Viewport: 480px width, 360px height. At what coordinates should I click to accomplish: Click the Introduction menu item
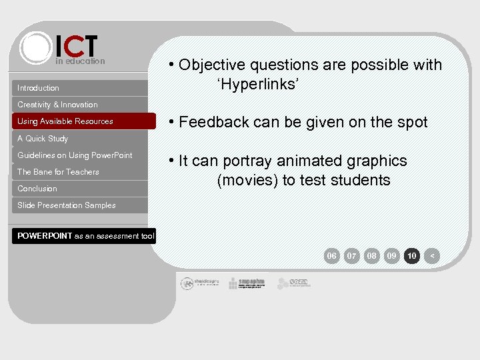coord(39,88)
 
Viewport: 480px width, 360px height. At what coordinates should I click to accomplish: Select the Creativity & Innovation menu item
coord(57,105)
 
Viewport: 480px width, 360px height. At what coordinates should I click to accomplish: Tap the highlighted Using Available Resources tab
coord(65,121)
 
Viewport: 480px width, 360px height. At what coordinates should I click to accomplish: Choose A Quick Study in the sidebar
coord(43,139)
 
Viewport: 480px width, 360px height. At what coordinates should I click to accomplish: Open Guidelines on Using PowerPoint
coord(75,155)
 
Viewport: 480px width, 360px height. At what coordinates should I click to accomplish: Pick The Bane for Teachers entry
coord(58,172)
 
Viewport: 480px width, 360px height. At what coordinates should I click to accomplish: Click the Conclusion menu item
coord(37,189)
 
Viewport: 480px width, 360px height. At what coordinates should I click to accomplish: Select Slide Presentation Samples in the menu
coord(67,205)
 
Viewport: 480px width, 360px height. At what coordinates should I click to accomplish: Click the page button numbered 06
coord(331,256)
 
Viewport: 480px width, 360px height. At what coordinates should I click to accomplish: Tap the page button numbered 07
coord(352,256)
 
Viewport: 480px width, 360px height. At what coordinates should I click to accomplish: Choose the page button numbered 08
coord(372,256)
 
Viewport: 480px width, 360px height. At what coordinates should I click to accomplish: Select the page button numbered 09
coord(392,256)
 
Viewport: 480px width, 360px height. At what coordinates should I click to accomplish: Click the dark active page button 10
coord(412,256)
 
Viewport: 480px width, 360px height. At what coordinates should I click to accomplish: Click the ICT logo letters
coord(77,46)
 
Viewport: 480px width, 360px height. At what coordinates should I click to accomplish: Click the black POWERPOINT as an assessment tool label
coord(85,236)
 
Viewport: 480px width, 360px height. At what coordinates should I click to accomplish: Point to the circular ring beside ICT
coord(35,47)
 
